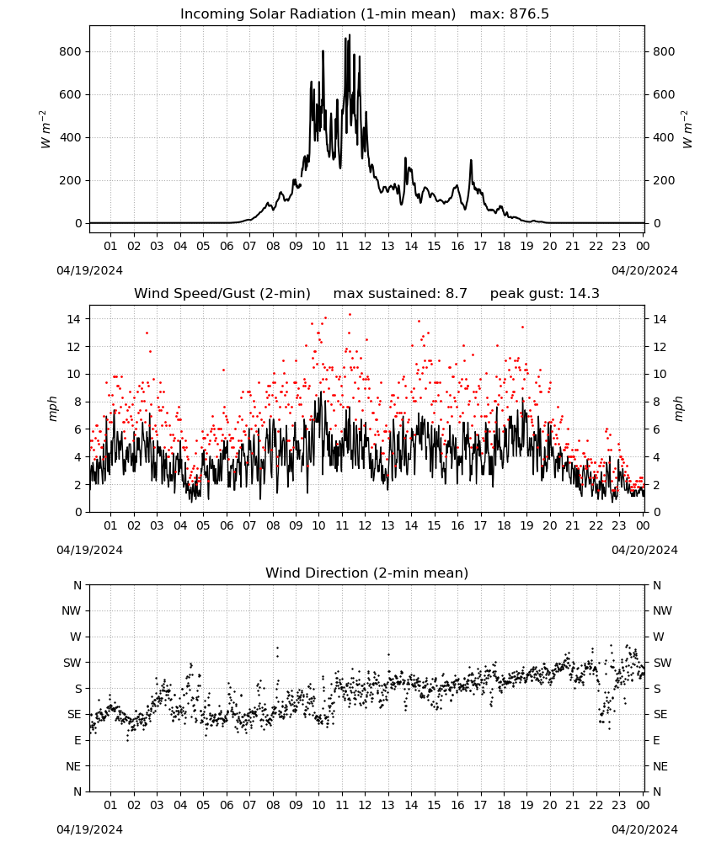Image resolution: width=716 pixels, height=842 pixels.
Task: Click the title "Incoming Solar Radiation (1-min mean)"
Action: coord(318,14)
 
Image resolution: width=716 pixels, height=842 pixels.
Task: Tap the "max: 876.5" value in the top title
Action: coord(510,14)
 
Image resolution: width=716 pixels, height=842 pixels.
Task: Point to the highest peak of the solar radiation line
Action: coord(350,35)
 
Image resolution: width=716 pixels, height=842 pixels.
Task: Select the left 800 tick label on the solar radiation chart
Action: coord(71,51)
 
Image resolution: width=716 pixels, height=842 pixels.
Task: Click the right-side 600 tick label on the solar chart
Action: coord(664,94)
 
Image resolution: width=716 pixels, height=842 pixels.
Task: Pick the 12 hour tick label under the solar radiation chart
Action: coord(365,246)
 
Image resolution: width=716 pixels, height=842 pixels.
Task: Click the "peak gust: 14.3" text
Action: coord(544,294)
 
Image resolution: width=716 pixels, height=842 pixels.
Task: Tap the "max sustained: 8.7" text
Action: coord(400,294)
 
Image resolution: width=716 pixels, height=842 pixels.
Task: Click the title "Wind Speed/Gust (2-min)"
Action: coord(222,294)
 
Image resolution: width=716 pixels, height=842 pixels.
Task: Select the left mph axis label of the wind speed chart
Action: coord(52,408)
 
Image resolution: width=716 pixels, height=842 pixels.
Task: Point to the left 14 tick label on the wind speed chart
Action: coord(74,319)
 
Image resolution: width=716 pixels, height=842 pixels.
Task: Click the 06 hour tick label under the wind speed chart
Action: coord(227,525)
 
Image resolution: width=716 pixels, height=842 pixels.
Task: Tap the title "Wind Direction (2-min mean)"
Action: coord(367,573)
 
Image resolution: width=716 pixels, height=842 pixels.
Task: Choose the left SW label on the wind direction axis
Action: coord(72,663)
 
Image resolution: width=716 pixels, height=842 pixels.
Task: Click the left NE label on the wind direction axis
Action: coord(73,766)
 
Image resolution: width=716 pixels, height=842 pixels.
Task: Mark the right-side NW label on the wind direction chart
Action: coord(662,610)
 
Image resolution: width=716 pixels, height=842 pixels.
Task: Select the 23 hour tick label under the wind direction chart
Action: coord(619,805)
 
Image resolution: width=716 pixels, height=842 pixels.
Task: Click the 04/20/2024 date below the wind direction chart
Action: coord(644,829)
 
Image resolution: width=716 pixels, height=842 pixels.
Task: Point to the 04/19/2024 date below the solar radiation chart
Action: coord(89,270)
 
